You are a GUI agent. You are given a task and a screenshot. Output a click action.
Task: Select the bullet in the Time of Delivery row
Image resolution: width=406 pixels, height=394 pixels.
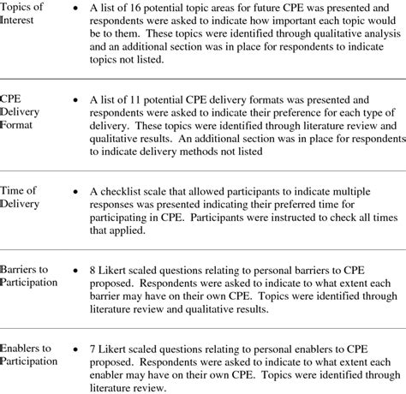click(x=80, y=192)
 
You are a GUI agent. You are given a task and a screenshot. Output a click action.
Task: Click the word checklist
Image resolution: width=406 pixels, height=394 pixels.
click(x=128, y=192)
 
